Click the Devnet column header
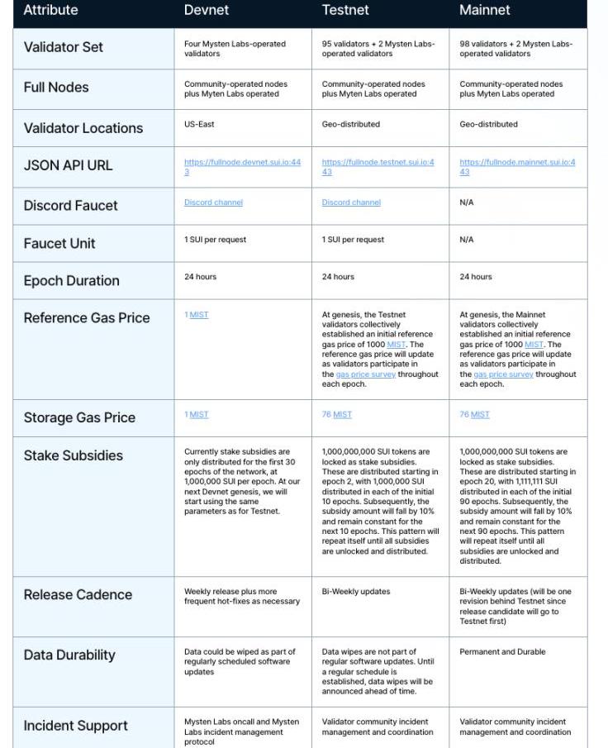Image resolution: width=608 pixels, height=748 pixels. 206,11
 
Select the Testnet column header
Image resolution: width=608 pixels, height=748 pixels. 345,11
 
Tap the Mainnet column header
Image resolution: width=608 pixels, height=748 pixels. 485,11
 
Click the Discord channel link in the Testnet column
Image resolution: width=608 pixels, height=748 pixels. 351,202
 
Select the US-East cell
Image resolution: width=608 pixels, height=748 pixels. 199,125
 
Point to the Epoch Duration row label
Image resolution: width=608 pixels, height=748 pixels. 71,281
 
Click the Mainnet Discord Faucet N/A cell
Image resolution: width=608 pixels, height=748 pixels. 467,202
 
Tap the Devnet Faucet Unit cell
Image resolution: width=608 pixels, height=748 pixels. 215,240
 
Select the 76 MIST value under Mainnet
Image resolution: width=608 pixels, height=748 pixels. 474,415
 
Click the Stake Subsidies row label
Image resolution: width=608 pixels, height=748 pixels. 73,456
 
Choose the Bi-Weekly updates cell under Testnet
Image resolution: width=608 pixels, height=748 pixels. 356,592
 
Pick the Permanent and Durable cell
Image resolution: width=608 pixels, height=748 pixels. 502,652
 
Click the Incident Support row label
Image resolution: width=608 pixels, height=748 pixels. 75,727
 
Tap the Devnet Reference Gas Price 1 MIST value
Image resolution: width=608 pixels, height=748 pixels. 197,315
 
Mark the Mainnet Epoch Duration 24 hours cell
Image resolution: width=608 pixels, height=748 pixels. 475,277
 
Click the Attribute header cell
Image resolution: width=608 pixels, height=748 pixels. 50,11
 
